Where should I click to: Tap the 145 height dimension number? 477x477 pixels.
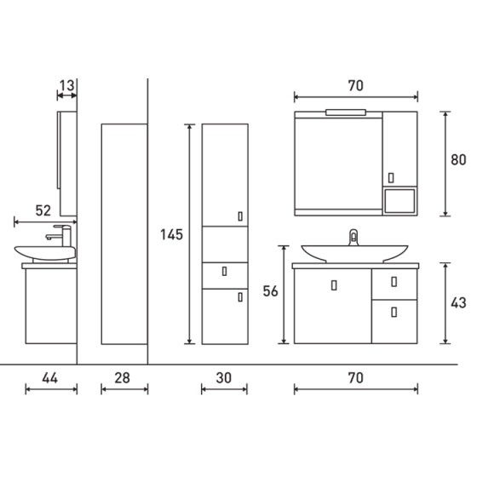172,235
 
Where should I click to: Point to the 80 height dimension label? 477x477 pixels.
459,159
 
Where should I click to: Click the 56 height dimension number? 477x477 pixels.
271,292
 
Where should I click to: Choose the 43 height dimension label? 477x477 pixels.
459,302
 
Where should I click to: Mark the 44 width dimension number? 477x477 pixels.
50,376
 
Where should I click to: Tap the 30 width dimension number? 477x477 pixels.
224,376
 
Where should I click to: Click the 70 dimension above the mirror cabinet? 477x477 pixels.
356,85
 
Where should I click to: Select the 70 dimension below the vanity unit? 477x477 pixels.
356,376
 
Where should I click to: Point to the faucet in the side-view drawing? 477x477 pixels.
60,233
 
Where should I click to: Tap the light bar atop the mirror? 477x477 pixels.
349,112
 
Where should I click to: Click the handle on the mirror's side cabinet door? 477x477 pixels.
390,178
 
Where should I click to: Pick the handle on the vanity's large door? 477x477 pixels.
333,284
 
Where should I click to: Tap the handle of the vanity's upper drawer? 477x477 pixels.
393,282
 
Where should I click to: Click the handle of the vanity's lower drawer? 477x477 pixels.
393,313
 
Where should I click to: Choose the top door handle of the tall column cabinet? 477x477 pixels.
240,216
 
